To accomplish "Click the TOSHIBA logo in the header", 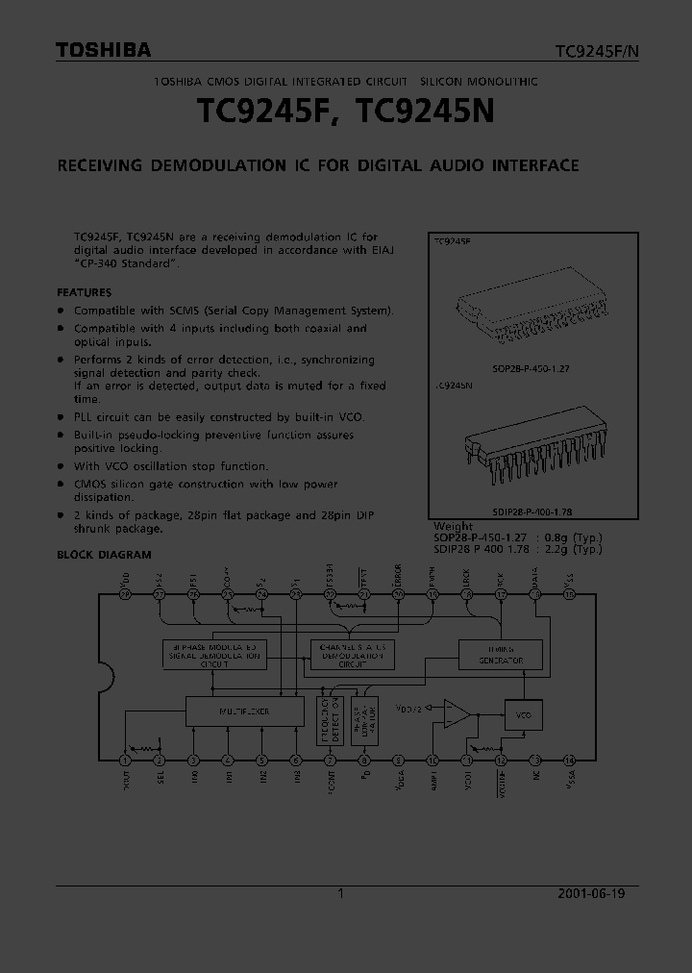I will [103, 51].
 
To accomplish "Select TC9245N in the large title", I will [425, 112].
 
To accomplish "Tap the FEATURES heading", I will [84, 292].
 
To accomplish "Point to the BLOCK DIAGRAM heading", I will [104, 555].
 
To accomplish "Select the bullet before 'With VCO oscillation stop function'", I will [61, 466].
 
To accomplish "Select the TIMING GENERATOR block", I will [500, 655].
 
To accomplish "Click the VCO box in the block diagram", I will [524, 715].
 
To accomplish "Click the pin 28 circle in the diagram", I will [125, 595].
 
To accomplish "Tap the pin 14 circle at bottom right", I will [569, 759].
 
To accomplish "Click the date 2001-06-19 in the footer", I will [591, 893].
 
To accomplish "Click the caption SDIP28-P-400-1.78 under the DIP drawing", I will [525, 513].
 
